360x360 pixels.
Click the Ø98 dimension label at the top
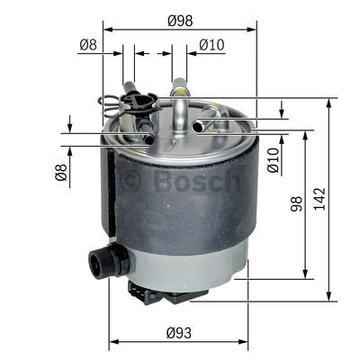click(180, 21)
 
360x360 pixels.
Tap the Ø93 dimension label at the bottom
click(179, 333)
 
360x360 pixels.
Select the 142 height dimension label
click(319, 199)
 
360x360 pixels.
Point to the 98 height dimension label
click(296, 204)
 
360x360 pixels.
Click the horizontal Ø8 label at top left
click(88, 45)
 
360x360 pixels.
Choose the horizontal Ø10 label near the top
click(211, 45)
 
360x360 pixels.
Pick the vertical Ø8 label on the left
click(61, 172)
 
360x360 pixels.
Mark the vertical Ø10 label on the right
click(274, 160)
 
